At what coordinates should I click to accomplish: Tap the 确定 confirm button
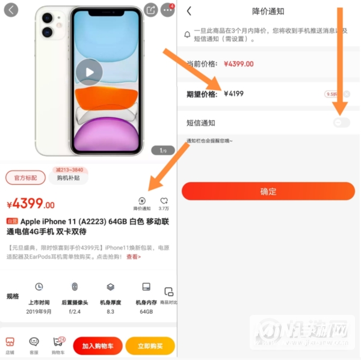coord(268,191)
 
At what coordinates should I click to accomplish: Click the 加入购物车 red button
coord(97,346)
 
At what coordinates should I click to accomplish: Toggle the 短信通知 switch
coord(342,123)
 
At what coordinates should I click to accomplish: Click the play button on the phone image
coord(89,73)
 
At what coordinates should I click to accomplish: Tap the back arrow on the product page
coord(11,10)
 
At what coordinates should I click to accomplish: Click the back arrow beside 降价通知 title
coord(189,11)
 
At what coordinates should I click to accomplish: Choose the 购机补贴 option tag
coord(69,178)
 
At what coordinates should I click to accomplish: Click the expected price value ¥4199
coord(233,94)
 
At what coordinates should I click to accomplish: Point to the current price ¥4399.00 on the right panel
coord(238,64)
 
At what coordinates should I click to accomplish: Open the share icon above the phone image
coord(151,10)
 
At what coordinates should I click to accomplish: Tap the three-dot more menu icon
coord(168,11)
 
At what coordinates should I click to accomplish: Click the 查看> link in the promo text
coord(134,257)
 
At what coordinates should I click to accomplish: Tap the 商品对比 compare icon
coord(169,294)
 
